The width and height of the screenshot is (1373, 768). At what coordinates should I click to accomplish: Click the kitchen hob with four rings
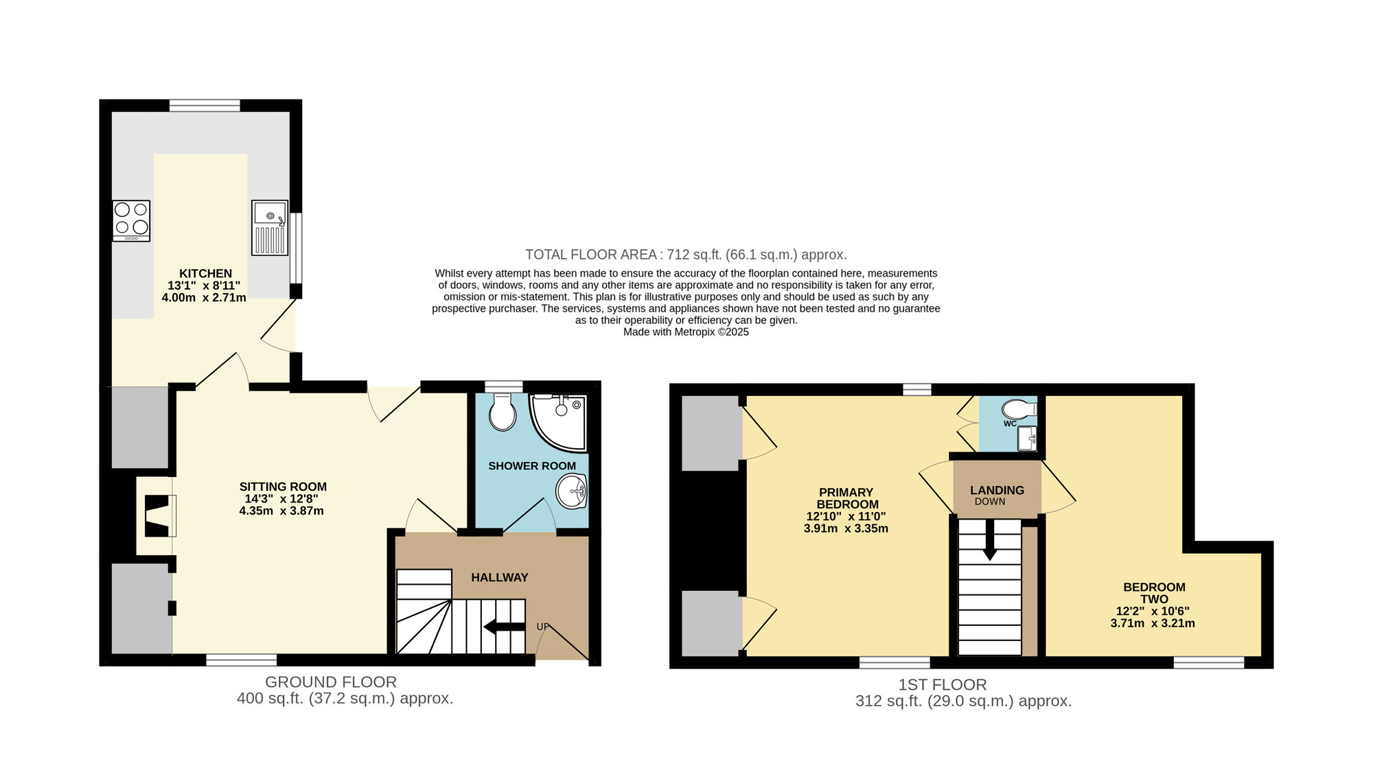[x=131, y=220]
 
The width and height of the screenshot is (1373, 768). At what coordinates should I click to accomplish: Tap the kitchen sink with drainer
[x=270, y=228]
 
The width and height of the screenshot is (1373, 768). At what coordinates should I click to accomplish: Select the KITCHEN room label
[x=205, y=273]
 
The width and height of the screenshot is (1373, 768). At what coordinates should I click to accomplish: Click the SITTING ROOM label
[x=283, y=487]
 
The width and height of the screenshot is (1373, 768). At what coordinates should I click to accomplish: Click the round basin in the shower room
[x=571, y=491]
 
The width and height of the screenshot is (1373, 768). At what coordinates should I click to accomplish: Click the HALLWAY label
[x=499, y=577]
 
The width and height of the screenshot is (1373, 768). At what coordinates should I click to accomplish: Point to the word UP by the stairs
[x=542, y=627]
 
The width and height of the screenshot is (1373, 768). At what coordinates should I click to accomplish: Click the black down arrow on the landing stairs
[x=989, y=541]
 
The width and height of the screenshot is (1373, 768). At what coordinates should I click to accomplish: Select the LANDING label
[x=997, y=490]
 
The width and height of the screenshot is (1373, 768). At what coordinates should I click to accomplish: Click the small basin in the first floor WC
[x=1027, y=438]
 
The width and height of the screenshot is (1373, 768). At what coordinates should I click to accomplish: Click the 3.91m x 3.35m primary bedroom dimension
[x=846, y=528]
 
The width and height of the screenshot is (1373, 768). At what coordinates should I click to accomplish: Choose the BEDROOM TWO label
[x=1154, y=593]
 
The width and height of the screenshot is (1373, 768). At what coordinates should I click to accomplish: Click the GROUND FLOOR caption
[x=331, y=682]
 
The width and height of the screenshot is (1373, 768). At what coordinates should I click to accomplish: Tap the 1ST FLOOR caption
[x=942, y=684]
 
